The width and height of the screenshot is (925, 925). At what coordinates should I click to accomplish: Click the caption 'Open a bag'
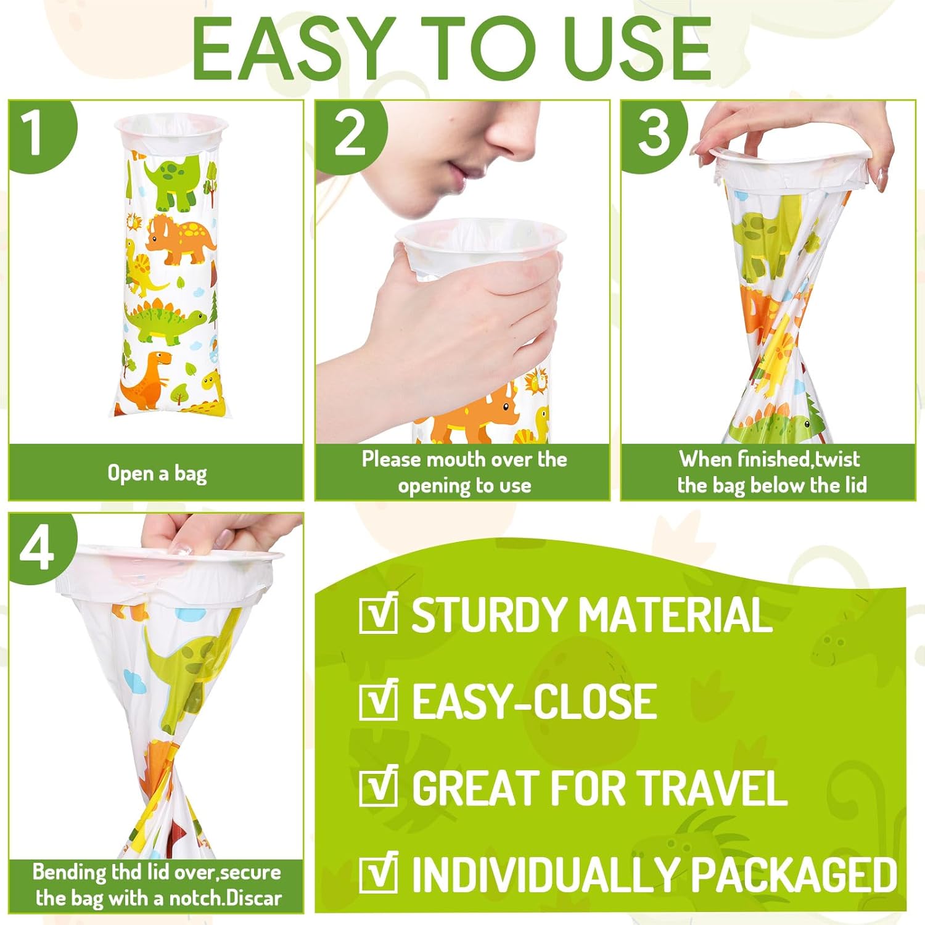(x=157, y=474)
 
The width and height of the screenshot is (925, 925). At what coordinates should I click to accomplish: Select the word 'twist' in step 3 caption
(x=837, y=459)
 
